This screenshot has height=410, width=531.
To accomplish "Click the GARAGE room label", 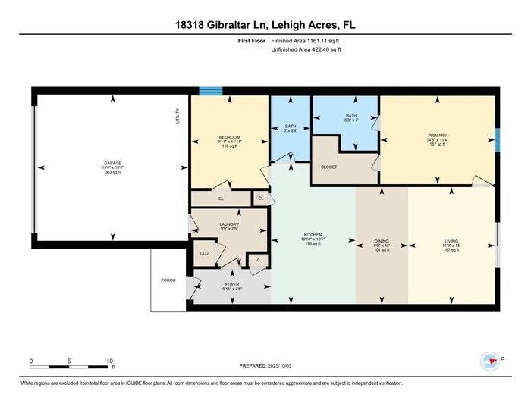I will pyautogui.click(x=112, y=164).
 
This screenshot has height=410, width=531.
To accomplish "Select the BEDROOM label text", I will pyautogui.click(x=229, y=137).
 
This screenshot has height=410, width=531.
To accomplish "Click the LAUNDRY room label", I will pyautogui.click(x=229, y=224).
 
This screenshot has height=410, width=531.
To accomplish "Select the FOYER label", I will pyautogui.click(x=231, y=284).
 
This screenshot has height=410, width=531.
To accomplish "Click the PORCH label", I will pyautogui.click(x=168, y=280).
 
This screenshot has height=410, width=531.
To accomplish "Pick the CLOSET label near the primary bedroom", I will pyautogui.click(x=328, y=167).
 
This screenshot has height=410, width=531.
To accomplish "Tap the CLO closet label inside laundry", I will pyautogui.click(x=204, y=253).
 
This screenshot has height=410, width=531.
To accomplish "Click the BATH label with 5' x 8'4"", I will pyautogui.click(x=291, y=127).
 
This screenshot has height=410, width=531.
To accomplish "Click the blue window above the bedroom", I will pyautogui.click(x=211, y=91).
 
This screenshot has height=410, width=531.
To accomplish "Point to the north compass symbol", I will pyautogui.click(x=489, y=361).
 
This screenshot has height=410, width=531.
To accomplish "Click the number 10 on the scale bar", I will pyautogui.click(x=110, y=361).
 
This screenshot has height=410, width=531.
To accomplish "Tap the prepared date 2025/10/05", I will pyautogui.click(x=275, y=365).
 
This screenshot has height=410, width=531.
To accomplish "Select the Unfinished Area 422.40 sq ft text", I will pyautogui.click(x=308, y=49).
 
